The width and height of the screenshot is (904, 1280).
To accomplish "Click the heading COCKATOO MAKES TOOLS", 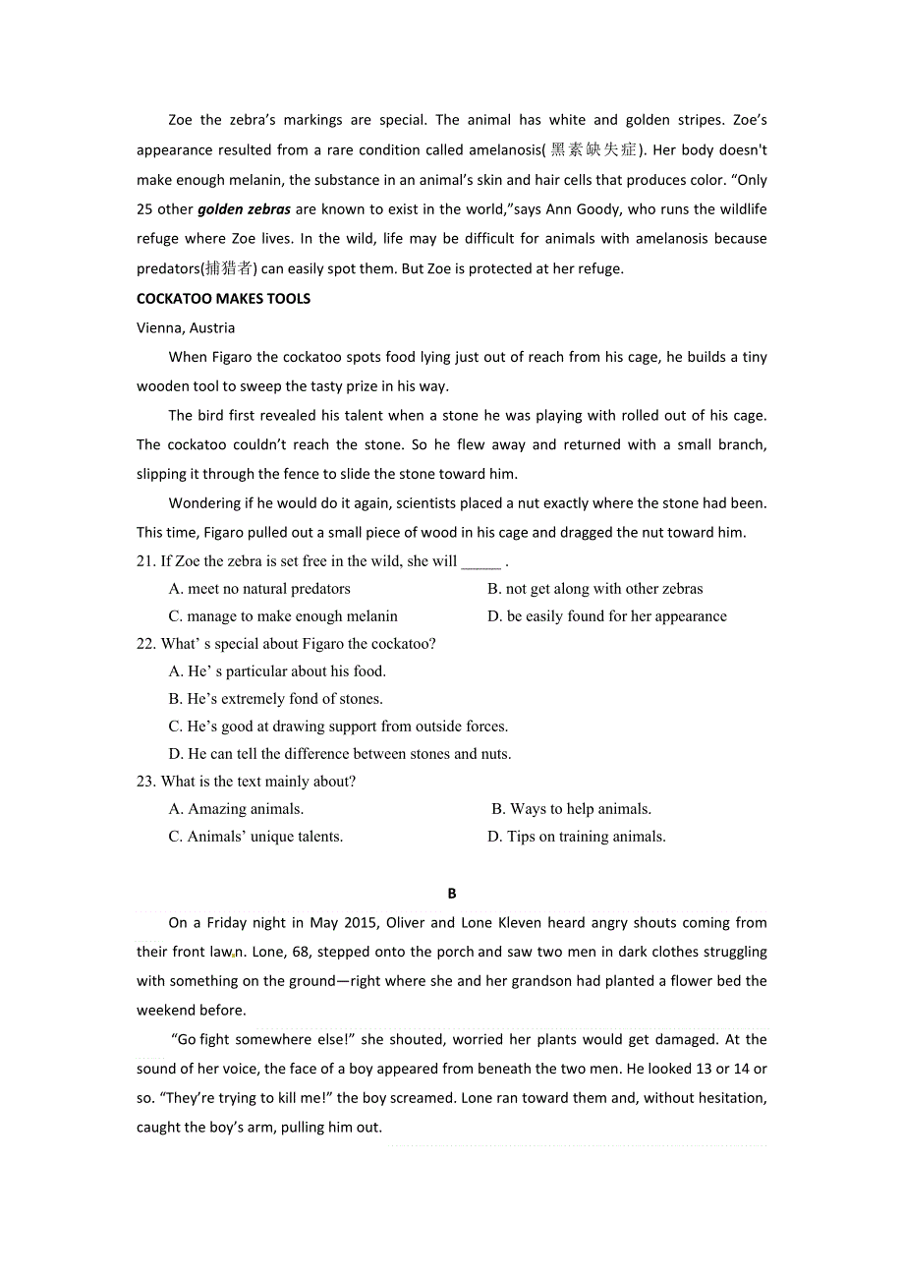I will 223,299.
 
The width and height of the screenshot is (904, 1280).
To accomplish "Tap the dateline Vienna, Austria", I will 186,328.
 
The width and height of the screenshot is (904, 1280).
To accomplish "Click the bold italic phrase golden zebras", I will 244,209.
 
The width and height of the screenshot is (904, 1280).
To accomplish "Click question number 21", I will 146,562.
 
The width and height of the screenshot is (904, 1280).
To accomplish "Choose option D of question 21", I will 607,617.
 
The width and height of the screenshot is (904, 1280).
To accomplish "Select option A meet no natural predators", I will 259,590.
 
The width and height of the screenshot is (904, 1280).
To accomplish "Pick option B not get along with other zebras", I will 595,590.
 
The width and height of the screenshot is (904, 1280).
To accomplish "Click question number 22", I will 146,645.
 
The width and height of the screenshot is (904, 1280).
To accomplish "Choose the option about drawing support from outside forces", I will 338,727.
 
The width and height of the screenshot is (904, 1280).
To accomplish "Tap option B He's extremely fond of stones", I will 276,700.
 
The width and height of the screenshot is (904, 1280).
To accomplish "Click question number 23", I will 146,783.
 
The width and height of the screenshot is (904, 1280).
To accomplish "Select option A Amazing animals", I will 236,810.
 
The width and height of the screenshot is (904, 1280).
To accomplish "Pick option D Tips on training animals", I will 577,838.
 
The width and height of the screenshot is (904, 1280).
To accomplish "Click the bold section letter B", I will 452,894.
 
